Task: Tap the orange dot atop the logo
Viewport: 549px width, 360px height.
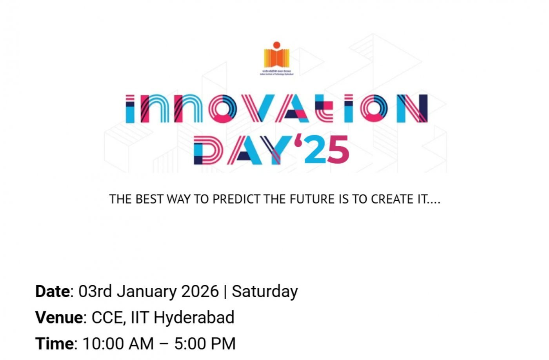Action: (276, 45)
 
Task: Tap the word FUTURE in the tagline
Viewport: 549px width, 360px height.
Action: (313, 199)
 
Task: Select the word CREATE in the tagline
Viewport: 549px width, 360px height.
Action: (392, 199)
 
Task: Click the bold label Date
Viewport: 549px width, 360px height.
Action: (52, 291)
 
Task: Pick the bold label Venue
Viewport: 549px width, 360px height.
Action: (59, 317)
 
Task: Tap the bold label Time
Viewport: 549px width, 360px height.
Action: (54, 344)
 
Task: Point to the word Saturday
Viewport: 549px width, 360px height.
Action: (265, 291)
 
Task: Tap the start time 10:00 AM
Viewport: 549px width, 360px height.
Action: (118, 344)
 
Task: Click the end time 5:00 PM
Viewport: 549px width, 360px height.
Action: (205, 344)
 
